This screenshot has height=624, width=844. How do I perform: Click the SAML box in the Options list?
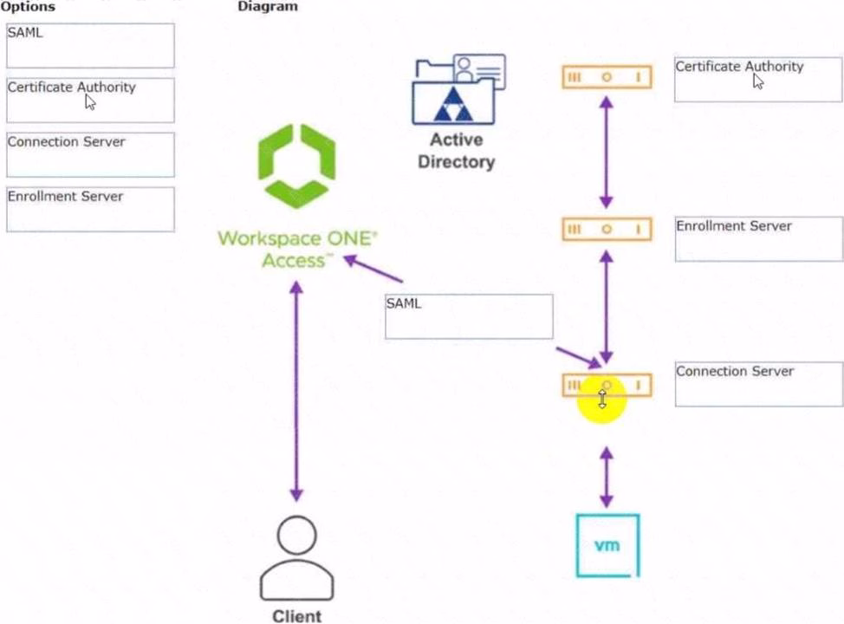90,45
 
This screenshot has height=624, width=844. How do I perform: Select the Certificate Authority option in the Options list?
90,100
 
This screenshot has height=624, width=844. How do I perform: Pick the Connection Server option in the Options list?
90,154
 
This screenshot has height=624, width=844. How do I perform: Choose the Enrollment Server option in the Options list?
90,209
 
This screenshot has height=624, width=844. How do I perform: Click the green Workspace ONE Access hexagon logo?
296,166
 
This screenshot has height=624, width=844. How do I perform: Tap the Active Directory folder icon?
458,90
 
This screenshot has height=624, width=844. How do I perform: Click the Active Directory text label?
456,151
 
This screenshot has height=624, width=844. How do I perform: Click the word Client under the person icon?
296,616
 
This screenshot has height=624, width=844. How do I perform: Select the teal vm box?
607,545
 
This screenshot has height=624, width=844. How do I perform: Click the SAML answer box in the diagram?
469,316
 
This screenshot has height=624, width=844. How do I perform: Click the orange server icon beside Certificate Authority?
607,77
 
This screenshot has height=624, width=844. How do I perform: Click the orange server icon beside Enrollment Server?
607,230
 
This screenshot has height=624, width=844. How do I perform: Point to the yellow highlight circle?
601,399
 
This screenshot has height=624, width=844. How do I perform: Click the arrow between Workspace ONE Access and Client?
296,391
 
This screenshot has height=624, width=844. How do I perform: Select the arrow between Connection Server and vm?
607,478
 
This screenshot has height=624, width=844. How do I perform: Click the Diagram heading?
267,7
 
